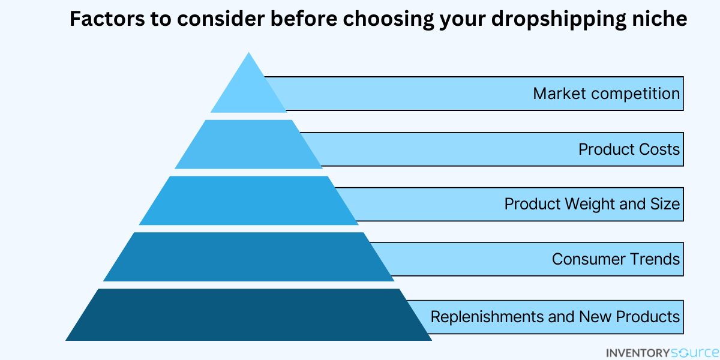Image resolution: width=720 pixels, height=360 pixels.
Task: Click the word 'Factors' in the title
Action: [x=107, y=19]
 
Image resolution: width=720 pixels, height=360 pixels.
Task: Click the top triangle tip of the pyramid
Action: [x=248, y=52]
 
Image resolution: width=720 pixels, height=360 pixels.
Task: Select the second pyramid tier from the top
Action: [x=248, y=145]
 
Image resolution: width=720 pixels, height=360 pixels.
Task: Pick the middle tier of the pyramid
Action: [x=248, y=200]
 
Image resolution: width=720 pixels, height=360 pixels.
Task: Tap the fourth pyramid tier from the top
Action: [x=248, y=257]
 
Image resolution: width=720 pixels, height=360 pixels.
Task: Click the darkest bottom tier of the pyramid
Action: [x=248, y=314]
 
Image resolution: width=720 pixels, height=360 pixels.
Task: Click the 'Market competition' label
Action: [x=606, y=94]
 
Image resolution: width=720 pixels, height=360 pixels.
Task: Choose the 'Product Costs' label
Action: [x=629, y=149]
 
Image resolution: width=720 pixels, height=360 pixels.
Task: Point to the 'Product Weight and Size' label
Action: [x=592, y=205]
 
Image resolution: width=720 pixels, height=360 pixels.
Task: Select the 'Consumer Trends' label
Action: [x=616, y=259]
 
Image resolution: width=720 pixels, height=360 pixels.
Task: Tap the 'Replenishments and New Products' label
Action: [x=555, y=317]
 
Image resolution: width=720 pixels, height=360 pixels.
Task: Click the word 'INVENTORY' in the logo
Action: [x=638, y=353]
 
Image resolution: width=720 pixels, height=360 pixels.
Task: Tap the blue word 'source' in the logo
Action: [x=694, y=353]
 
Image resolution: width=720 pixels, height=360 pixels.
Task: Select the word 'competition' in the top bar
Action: [x=635, y=94]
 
